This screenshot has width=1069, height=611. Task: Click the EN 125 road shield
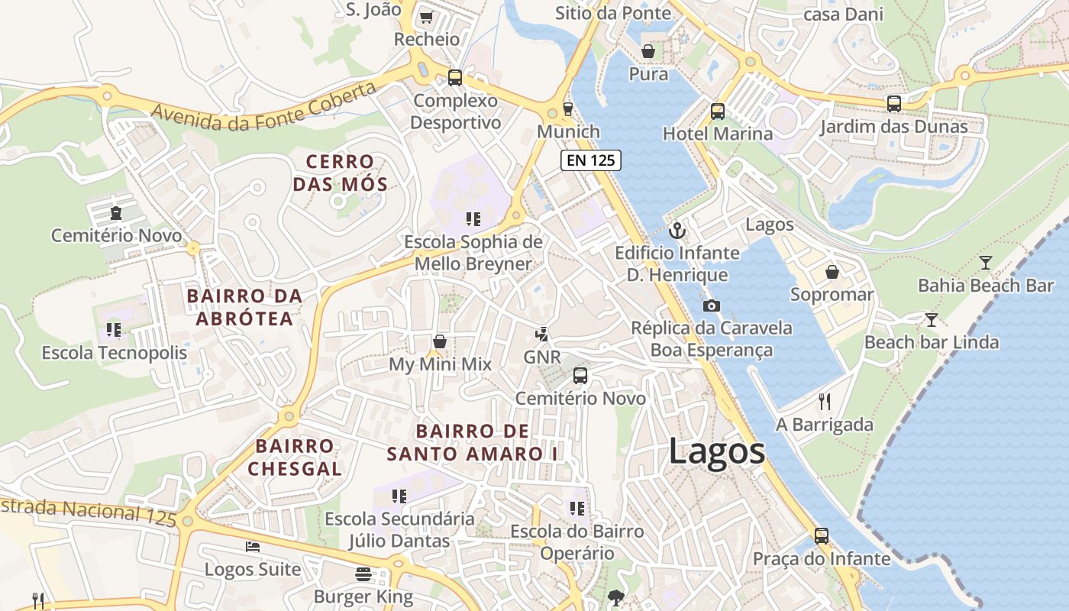point(590,160)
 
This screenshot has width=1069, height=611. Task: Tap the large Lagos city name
point(716,451)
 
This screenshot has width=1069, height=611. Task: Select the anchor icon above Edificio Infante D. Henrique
point(677,230)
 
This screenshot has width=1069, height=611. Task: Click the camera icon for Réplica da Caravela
point(711,305)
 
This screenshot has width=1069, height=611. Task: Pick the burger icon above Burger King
point(363,574)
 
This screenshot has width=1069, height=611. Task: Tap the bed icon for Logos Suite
point(253,547)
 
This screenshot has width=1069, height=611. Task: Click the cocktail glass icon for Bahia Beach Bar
point(986,263)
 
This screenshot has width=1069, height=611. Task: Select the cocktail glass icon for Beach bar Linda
point(931,319)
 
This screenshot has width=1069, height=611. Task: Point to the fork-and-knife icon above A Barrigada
point(824,401)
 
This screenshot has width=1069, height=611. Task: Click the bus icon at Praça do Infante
point(822,535)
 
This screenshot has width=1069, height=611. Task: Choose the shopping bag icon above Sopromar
point(832,272)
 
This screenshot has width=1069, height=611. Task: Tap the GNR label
point(542,357)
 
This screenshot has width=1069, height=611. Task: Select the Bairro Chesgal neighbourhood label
point(295,457)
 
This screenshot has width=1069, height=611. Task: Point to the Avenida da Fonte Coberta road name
point(263,106)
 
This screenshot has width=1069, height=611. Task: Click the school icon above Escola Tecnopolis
point(114,329)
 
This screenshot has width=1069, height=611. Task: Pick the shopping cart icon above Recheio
point(426,17)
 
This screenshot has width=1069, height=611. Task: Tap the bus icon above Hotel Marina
point(717,111)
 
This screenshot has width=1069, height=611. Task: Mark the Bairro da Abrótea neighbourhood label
point(244,307)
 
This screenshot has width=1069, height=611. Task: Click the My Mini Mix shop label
point(440,364)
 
